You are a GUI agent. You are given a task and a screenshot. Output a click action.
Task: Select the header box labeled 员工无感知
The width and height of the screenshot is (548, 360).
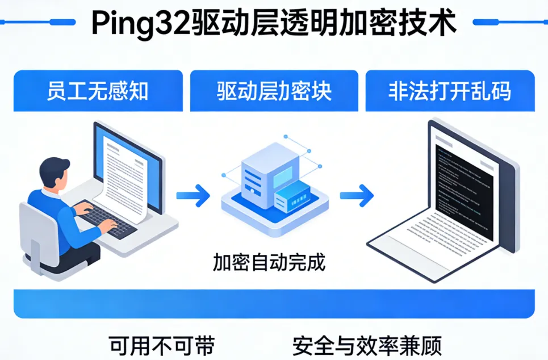pos(98,91)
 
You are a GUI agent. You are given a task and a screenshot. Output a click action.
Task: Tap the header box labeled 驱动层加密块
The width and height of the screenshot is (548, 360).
pos(274,91)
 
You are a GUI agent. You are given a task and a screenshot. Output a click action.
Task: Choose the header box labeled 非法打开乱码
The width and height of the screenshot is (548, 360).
pos(450,91)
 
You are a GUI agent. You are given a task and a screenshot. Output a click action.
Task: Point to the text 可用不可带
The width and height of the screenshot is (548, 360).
pos(162,345)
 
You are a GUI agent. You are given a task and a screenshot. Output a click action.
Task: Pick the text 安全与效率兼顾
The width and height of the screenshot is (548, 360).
pos(367,345)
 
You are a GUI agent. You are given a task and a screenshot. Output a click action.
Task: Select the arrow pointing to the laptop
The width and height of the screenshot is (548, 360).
pos(357,195)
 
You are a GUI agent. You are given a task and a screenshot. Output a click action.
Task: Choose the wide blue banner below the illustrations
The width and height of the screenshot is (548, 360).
pos(274,303)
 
